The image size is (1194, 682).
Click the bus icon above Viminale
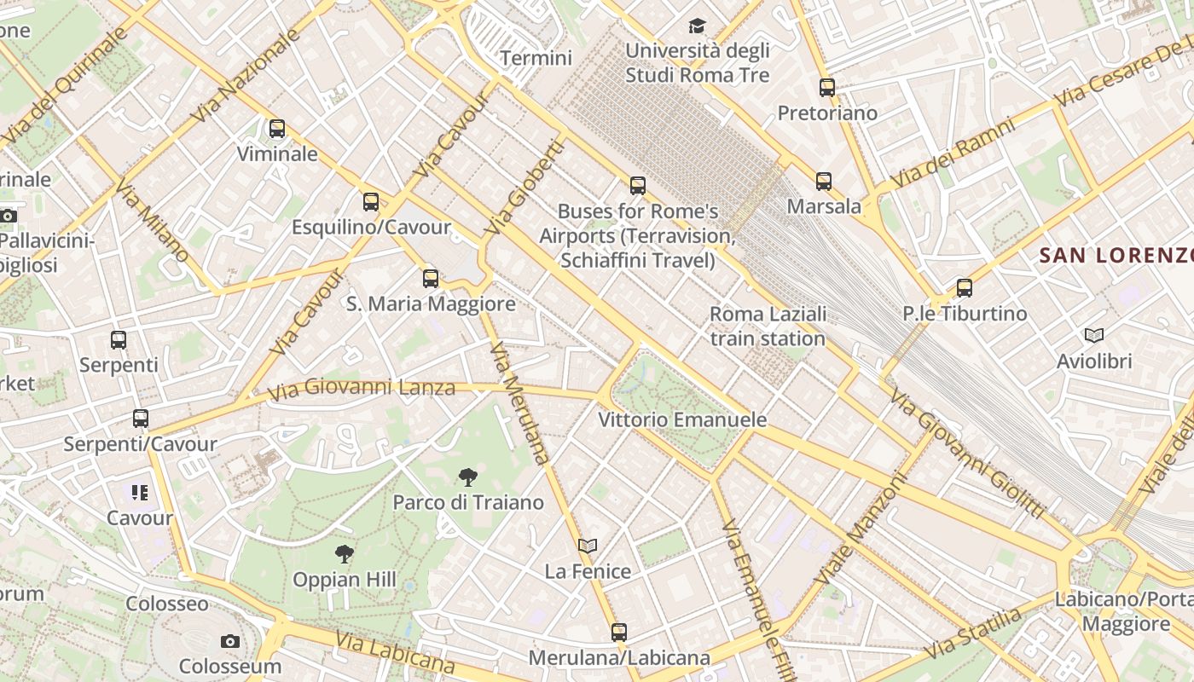[277, 129]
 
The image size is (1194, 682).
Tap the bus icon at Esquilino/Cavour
[371, 202]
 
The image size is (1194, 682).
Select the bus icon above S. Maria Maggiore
[431, 278]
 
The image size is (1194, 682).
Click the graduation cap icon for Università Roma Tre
[698, 26]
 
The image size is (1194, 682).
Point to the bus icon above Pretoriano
[827, 87]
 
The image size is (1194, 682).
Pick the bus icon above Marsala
[824, 181]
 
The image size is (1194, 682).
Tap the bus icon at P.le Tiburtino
[965, 288]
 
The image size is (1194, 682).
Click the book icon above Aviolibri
[1094, 336]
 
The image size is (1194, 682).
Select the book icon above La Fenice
[588, 546]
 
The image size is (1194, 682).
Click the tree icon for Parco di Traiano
[467, 477]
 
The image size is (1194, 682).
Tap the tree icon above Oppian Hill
[345, 554]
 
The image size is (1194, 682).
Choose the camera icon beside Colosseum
[230, 641]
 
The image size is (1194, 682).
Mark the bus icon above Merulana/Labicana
[619, 633]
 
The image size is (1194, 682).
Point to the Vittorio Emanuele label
[682, 420]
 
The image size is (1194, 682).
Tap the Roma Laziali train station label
[768, 327]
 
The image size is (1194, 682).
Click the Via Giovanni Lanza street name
[362, 389]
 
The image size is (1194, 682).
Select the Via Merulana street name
[519, 402]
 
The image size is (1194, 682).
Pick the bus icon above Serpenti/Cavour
[141, 419]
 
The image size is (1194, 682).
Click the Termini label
[536, 58]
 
